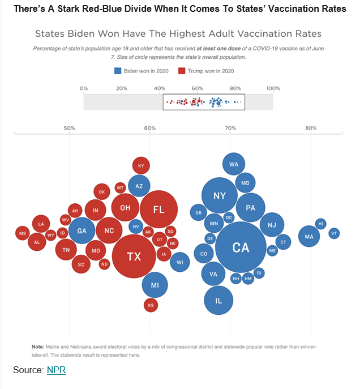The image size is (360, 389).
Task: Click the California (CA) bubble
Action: [241, 247]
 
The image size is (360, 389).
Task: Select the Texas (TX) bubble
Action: [134, 256]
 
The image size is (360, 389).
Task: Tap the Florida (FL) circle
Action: [159, 210]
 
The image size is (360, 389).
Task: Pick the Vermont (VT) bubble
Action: [334, 233]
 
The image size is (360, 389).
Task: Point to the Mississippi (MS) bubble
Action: [23, 233]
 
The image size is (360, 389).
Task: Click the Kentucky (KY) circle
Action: [141, 165]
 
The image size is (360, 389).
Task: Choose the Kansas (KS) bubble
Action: [151, 305]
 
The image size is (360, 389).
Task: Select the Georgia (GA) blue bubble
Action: [82, 230]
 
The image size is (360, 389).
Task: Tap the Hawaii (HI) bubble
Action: [321, 224]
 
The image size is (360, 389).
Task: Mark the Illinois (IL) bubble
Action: [218, 301]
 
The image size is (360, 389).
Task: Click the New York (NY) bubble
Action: [220, 195]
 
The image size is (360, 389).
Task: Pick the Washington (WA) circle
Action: [233, 164]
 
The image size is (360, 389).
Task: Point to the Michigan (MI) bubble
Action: [155, 285]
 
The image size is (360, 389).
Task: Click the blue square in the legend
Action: [118, 71]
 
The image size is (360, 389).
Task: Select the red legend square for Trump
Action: [182, 71]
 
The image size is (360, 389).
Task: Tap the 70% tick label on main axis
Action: [230, 128]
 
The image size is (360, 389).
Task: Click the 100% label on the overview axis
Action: [273, 88]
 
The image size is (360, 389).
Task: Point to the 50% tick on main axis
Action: [69, 128]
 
